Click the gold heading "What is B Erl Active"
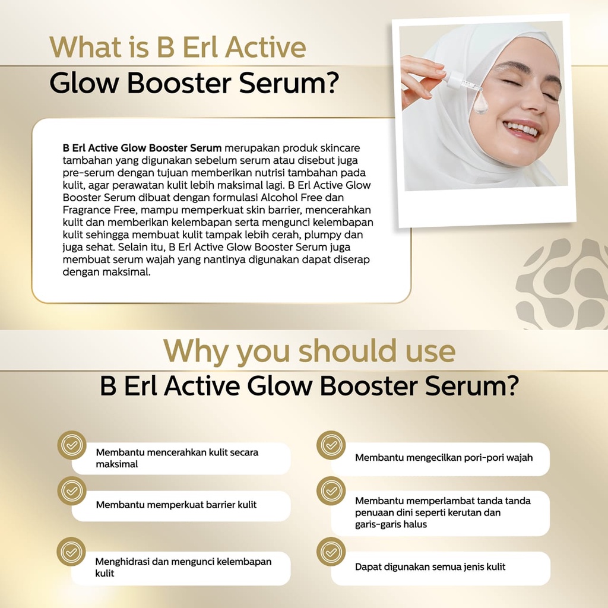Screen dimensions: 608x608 tap(178, 47)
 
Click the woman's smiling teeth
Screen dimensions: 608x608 tap(522, 128)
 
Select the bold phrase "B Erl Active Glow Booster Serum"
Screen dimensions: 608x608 tap(142, 148)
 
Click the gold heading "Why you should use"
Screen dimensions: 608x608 tap(309, 351)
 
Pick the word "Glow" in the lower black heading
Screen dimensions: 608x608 tap(280, 386)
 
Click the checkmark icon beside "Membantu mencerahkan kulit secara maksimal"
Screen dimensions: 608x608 tap(72, 445)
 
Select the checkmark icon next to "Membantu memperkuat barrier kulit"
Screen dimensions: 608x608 tap(72, 491)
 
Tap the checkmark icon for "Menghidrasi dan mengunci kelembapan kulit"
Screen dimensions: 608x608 tap(71, 552)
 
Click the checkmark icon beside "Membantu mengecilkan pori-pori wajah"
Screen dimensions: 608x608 tap(331, 445)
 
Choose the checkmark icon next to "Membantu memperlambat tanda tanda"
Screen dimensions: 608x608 tap(331, 491)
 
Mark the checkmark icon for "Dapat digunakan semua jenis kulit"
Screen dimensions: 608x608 tap(331, 552)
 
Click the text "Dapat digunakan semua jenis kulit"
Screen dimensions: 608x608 tap(430, 567)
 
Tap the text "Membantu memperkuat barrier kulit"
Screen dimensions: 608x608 tap(176, 505)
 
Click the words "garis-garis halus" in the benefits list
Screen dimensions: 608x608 tap(391, 525)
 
